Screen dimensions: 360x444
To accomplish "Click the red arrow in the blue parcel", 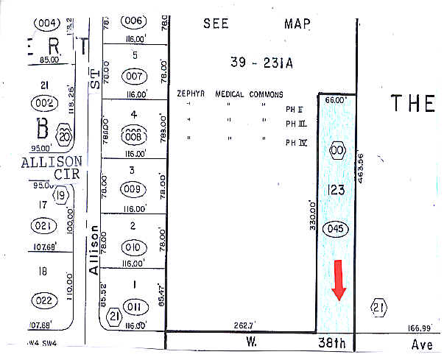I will click(339, 280).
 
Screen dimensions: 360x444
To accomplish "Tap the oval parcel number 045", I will click(336, 228).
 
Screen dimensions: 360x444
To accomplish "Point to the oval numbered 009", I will click(133, 188).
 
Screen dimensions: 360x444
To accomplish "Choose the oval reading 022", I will click(44, 300).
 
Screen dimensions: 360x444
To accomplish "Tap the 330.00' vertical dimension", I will click(312, 216).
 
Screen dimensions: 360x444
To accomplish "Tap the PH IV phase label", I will click(296, 142).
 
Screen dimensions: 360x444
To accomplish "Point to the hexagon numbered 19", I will click(62, 195).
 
